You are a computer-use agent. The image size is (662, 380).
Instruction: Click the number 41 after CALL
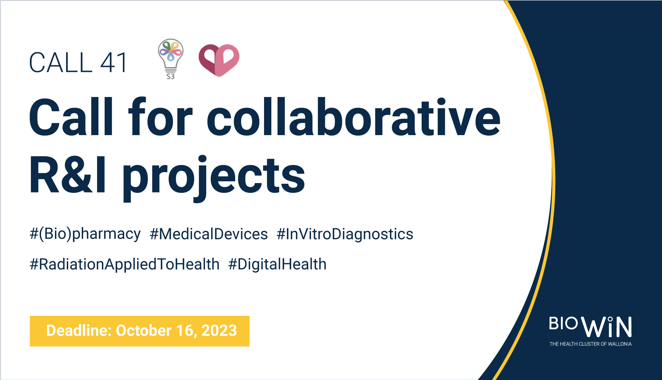click(x=113, y=63)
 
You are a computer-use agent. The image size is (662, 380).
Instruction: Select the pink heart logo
click(x=219, y=60)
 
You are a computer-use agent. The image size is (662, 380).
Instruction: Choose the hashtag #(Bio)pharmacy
click(x=85, y=234)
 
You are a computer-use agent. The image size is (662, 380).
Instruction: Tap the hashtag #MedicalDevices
click(x=209, y=234)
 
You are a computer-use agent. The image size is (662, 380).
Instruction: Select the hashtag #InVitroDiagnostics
click(x=345, y=234)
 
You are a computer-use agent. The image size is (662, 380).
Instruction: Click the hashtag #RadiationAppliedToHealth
click(x=125, y=264)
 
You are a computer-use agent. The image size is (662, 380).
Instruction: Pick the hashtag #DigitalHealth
click(x=277, y=264)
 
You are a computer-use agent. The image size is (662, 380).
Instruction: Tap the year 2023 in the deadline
click(x=219, y=331)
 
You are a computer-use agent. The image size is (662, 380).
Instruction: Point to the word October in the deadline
click(x=144, y=331)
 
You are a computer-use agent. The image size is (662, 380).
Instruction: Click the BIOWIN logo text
click(x=590, y=327)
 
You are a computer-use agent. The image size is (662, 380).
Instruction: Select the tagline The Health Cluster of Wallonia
click(x=590, y=344)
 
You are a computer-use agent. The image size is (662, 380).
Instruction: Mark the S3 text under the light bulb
click(x=170, y=76)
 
